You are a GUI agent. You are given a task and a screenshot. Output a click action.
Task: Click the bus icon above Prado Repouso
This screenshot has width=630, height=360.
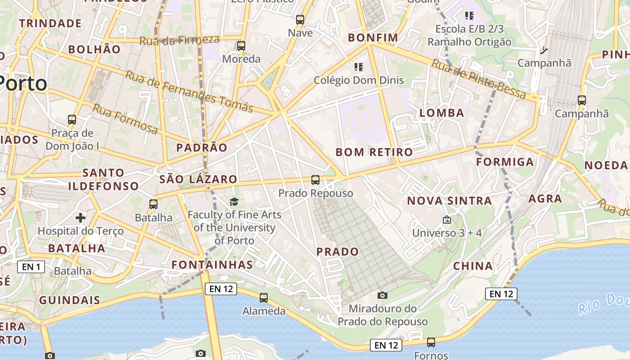[x=315, y=180]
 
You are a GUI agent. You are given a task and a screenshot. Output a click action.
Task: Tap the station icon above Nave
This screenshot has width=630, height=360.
[x=300, y=20]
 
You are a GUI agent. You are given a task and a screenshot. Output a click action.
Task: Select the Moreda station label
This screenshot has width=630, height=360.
[x=241, y=59]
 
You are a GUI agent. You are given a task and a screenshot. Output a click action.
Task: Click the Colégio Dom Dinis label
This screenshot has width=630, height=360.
[x=359, y=81]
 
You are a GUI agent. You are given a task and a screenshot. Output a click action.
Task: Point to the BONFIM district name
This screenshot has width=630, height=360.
[x=373, y=38]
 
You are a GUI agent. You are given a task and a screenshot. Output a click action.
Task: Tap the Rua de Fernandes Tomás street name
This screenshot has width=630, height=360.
[x=189, y=91]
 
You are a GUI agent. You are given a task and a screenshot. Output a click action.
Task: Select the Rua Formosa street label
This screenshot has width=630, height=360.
[x=126, y=119]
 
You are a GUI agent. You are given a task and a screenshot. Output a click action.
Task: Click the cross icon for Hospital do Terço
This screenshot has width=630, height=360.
[x=81, y=218]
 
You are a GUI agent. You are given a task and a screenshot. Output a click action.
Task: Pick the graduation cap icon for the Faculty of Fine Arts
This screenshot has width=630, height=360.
[x=234, y=202]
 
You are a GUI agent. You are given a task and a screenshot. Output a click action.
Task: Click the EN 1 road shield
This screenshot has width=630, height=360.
[x=31, y=267]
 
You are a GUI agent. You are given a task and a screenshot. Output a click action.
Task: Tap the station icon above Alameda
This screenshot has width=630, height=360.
[x=264, y=298]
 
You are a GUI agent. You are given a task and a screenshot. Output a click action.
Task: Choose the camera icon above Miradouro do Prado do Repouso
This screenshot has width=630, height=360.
[x=382, y=295]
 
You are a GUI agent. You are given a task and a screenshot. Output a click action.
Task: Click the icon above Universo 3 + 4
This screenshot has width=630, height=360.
[x=447, y=220]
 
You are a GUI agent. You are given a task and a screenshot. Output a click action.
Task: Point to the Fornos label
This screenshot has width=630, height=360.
[x=431, y=355]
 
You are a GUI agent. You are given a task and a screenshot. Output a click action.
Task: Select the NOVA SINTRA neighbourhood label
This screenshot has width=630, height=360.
[x=449, y=201]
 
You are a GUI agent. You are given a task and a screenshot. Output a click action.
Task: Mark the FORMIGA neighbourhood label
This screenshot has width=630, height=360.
[x=505, y=162]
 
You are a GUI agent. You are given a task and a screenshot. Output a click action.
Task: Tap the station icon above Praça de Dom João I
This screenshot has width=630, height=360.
[x=72, y=120]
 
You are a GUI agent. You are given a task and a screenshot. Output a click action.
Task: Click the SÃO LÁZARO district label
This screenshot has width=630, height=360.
[x=198, y=179]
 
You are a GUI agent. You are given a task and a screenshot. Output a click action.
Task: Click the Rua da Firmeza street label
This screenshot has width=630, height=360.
[x=179, y=40]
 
